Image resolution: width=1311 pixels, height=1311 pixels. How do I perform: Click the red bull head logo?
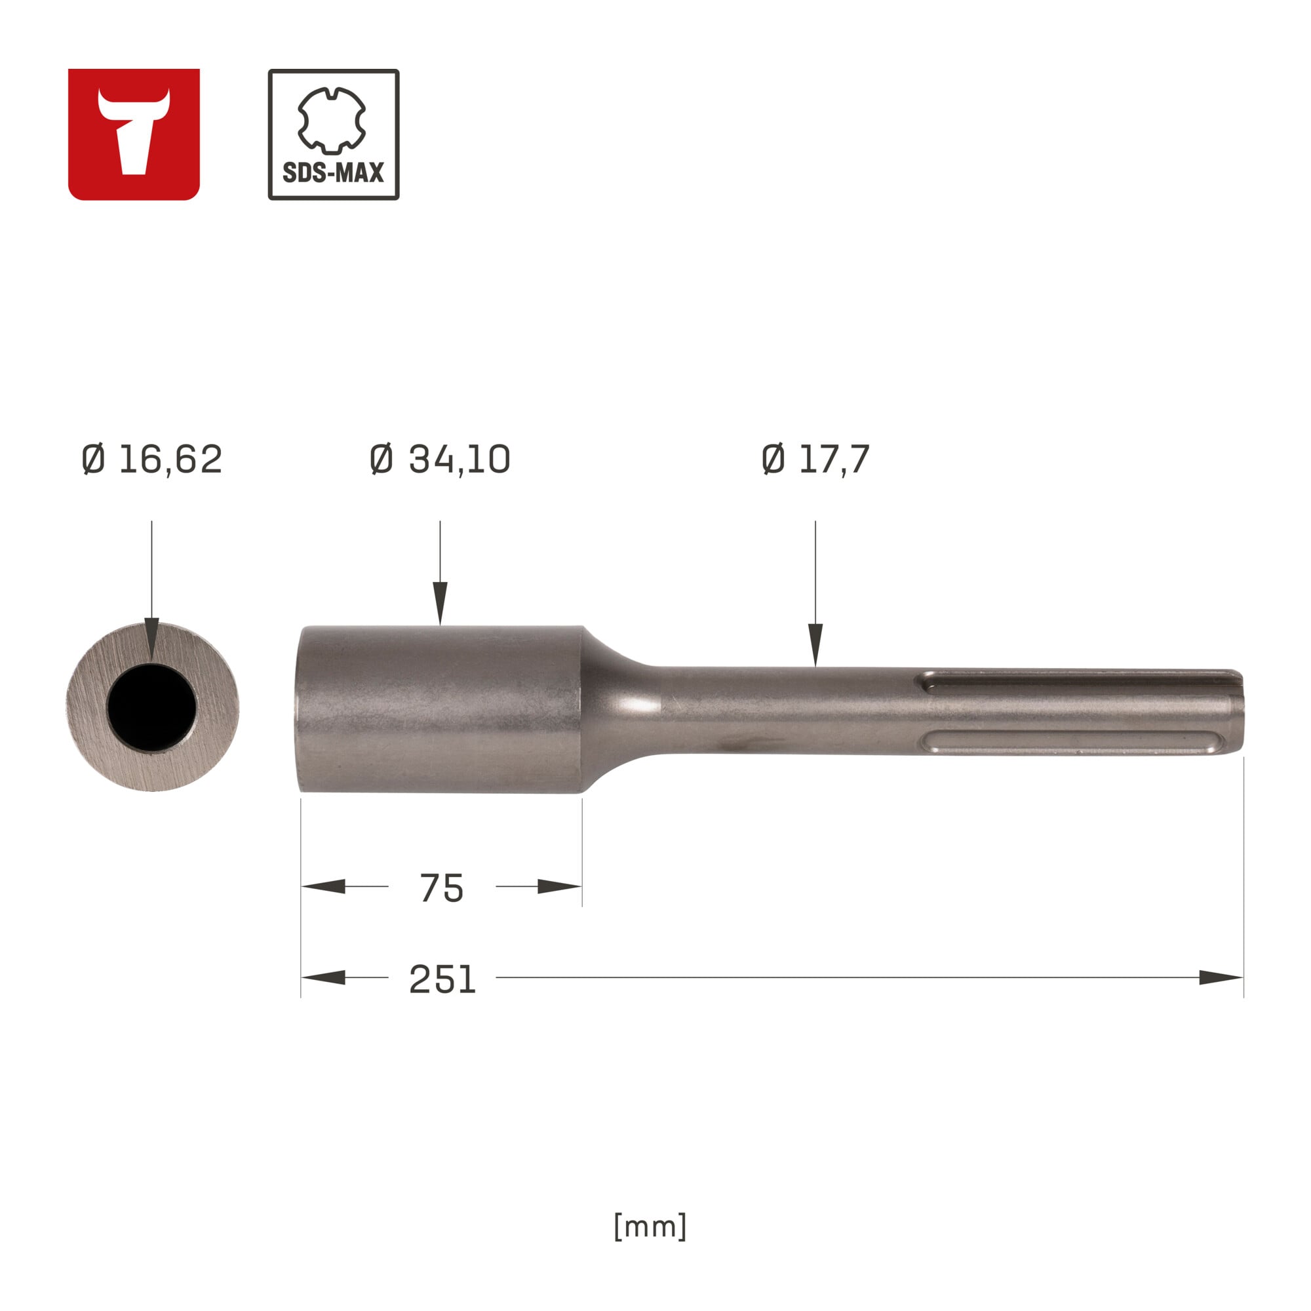134,134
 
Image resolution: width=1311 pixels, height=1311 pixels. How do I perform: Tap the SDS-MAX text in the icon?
333,173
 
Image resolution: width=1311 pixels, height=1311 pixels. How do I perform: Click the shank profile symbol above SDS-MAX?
332,120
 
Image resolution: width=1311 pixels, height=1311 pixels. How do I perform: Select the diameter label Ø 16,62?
151,460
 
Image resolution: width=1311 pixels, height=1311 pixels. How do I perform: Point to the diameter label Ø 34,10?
440,460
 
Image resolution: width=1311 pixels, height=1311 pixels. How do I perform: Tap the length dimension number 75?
441,888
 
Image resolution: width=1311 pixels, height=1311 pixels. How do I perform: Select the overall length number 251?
442,979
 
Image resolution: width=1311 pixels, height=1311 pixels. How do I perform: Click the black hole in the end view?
152,707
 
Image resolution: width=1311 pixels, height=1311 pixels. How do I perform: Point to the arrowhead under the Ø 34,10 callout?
440,602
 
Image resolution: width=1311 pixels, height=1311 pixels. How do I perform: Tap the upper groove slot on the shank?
1079,681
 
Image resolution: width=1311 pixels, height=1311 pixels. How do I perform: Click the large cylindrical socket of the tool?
441,709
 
